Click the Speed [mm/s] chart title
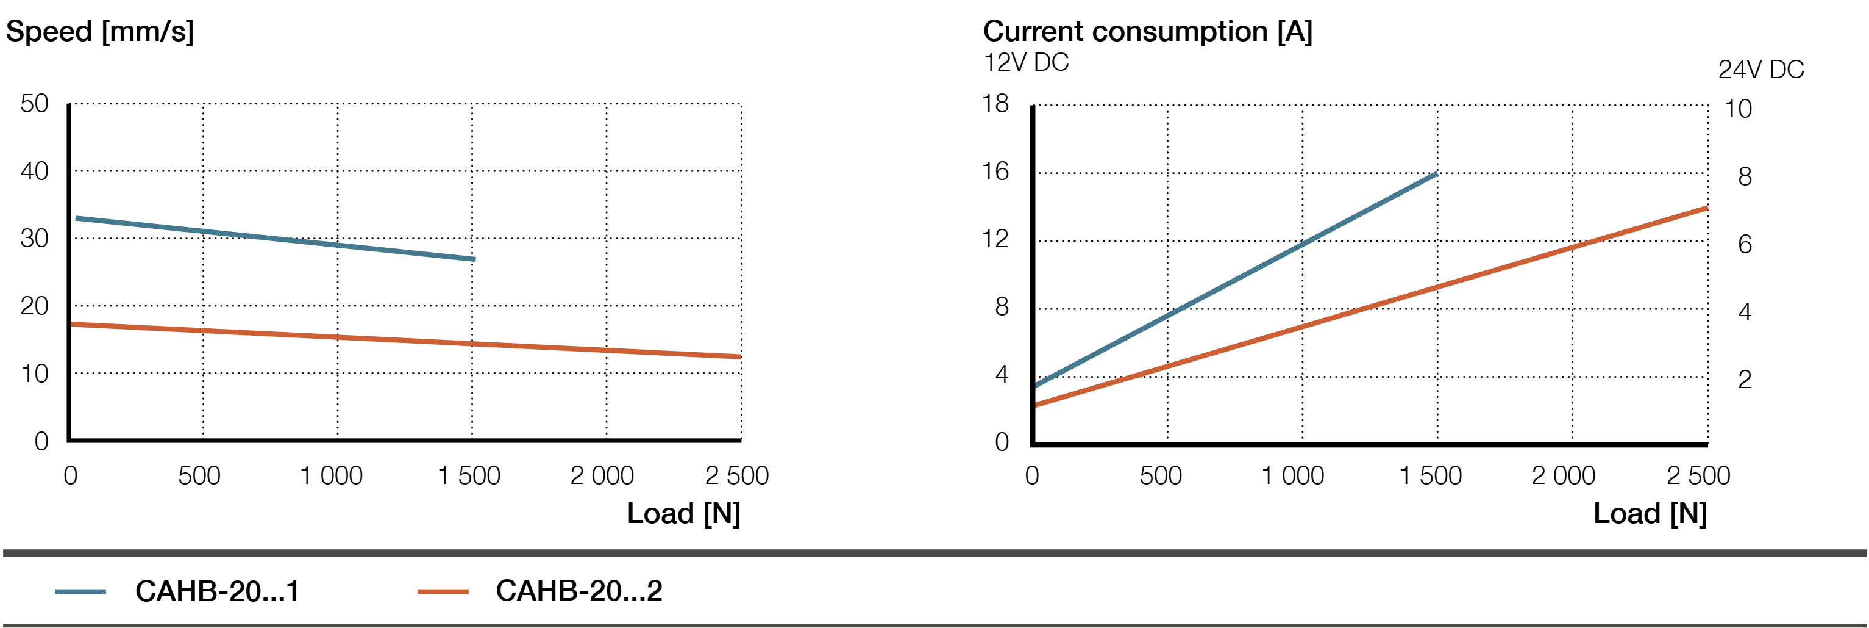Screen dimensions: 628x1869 (100, 32)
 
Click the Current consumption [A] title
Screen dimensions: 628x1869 (1147, 32)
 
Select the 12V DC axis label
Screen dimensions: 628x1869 (1026, 63)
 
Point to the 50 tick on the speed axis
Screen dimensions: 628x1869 (35, 104)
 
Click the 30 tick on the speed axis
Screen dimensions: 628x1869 (35, 239)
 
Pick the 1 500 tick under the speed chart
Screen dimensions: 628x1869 (469, 476)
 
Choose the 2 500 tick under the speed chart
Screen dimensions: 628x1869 (736, 476)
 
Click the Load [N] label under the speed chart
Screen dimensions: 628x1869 (683, 514)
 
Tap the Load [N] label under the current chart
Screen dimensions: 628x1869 (1650, 514)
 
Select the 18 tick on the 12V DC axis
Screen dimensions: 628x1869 (995, 104)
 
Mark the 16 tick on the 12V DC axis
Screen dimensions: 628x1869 (995, 172)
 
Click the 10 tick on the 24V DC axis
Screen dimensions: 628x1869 (1739, 109)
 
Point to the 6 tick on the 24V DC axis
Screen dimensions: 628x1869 (1745, 245)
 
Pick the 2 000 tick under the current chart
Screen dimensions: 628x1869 (1564, 476)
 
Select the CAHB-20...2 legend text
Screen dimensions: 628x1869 (578, 591)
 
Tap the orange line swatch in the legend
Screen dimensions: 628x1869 (443, 593)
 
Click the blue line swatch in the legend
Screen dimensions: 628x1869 (80, 593)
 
